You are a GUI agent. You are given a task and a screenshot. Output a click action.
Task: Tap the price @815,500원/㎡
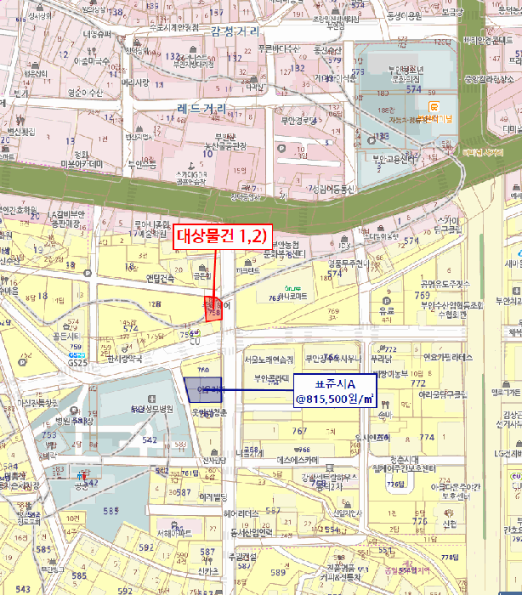pyautogui.click(x=334, y=397)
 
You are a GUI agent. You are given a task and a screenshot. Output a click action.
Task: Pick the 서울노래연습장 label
pyautogui.click(x=269, y=360)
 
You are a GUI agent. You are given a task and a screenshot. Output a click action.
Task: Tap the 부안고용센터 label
pyautogui.click(x=394, y=158)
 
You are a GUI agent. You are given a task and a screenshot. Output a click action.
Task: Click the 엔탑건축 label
pyautogui.click(x=160, y=278)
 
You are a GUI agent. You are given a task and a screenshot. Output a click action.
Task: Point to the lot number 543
pyautogui.click(x=23, y=589)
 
